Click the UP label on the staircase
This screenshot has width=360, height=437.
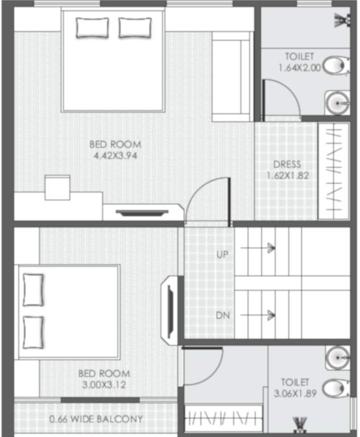(x=222, y=254)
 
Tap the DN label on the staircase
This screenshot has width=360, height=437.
(x=222, y=315)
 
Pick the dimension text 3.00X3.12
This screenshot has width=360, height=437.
(x=104, y=385)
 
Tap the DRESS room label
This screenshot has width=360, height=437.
(x=287, y=165)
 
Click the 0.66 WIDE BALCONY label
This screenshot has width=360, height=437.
(x=96, y=420)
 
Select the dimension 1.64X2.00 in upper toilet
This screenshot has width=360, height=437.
(x=300, y=67)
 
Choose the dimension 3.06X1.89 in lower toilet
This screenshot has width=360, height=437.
(x=295, y=393)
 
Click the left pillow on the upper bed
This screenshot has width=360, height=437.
(x=92, y=27)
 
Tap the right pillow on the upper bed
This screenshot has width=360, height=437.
(x=135, y=27)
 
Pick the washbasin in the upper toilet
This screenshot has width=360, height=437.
(x=337, y=102)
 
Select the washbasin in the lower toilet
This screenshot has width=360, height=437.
(x=338, y=357)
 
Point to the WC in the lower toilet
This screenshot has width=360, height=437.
(x=337, y=389)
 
